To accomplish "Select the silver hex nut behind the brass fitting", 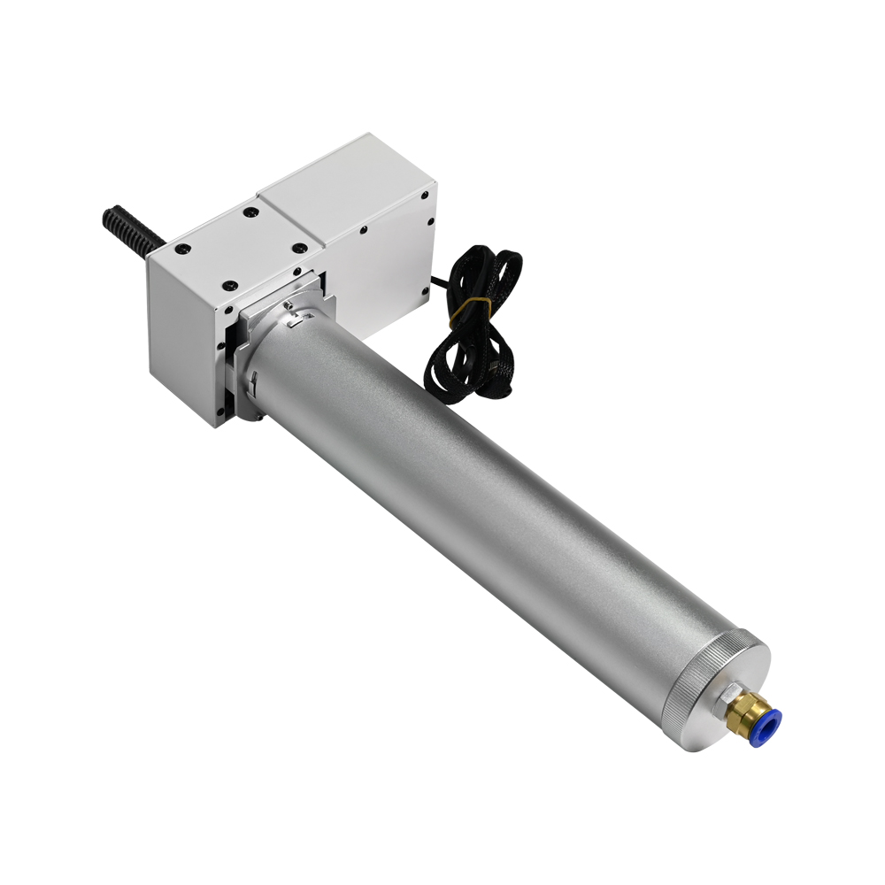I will [728, 698].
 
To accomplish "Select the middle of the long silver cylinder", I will [496, 513].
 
